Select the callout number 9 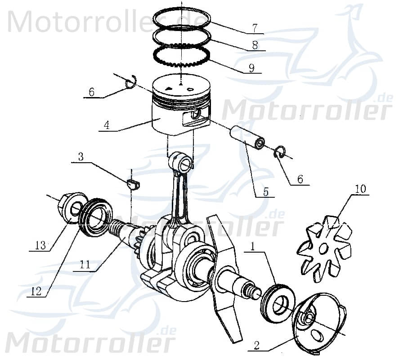pos(251,68)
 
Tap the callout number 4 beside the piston pos(106,125)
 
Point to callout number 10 pos(360,189)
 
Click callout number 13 pos(40,245)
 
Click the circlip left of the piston pos(130,84)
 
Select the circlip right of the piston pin pos(280,153)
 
